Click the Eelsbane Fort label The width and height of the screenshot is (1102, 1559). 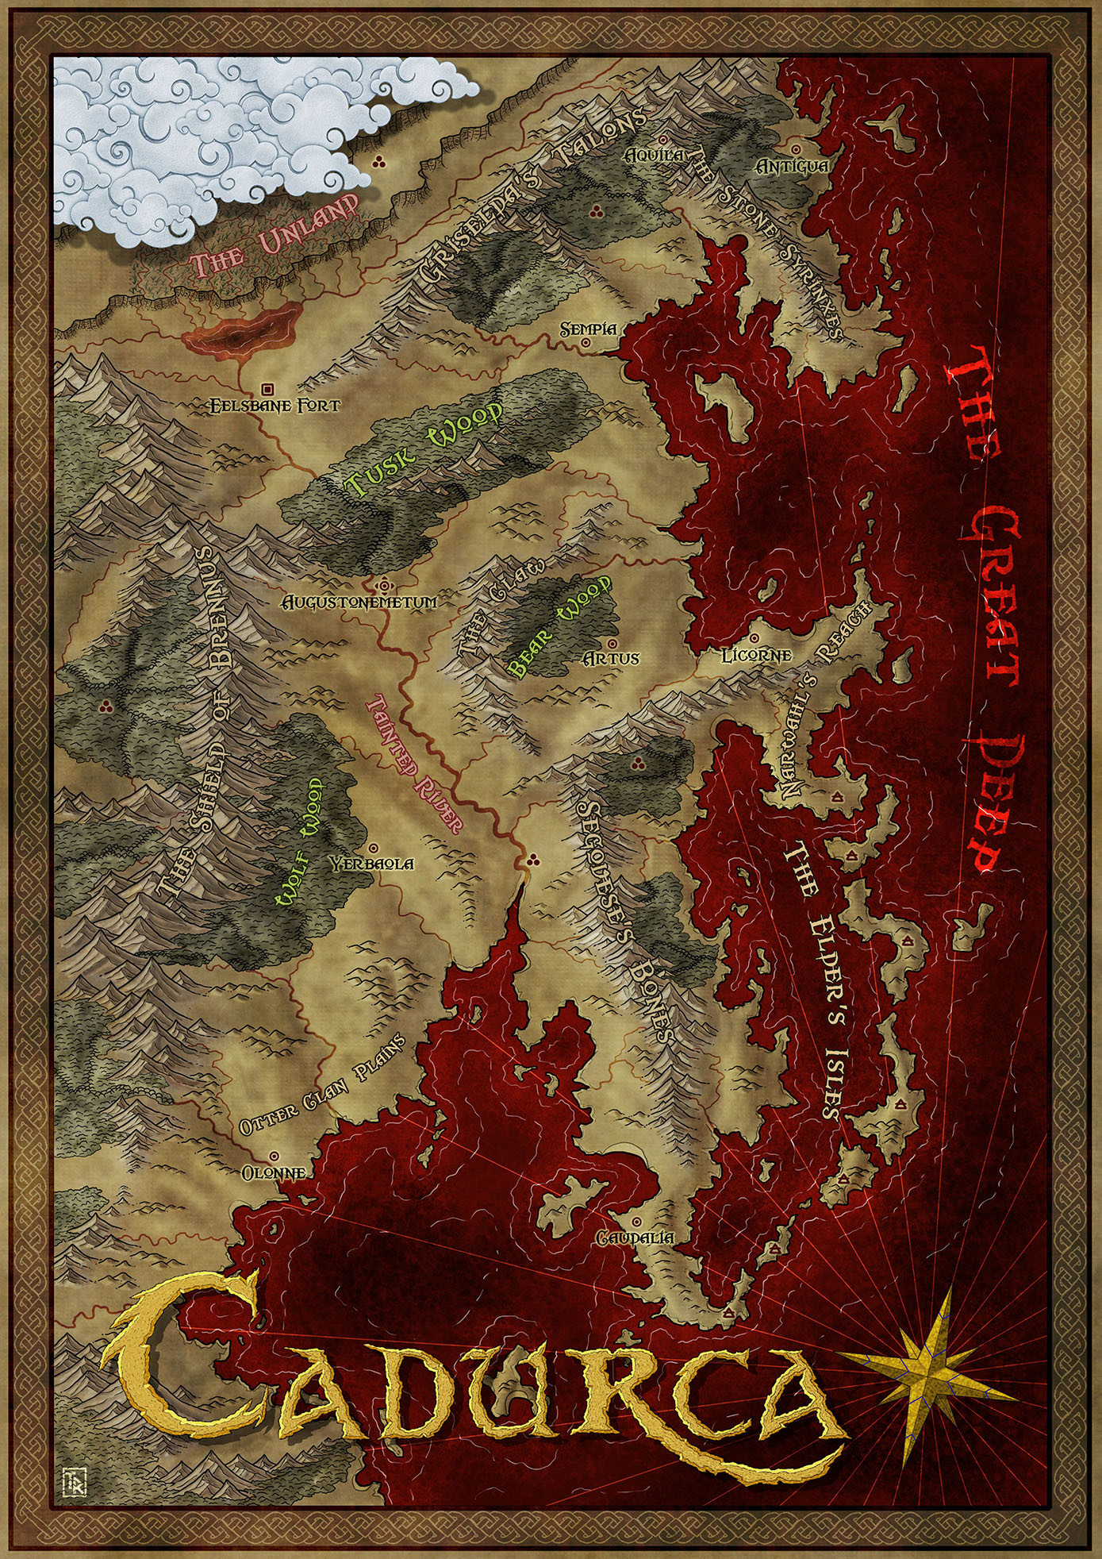click(x=275, y=406)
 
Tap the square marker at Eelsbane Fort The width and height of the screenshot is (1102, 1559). click(x=267, y=389)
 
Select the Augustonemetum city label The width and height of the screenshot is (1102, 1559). click(x=360, y=602)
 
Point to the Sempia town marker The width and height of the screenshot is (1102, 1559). click(x=586, y=344)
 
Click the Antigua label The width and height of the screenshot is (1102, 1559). click(x=792, y=167)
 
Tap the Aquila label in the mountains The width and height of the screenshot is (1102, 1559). click(x=655, y=155)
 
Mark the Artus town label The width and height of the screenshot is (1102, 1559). click(x=611, y=658)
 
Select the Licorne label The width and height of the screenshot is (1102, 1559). click(x=756, y=656)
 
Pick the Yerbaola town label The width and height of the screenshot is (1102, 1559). click(x=372, y=864)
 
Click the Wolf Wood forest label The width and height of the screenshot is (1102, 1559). click(x=298, y=841)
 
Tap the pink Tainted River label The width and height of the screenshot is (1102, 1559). click(x=413, y=763)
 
